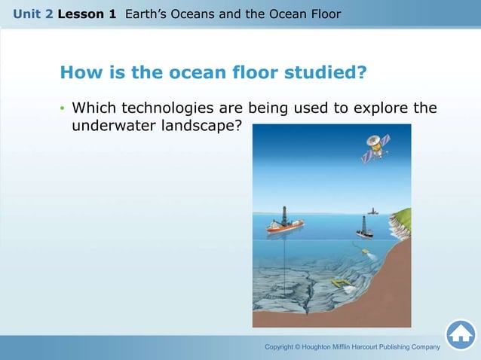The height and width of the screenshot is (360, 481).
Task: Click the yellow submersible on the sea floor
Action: coord(342,282)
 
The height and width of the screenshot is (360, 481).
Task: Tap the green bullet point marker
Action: coord(63,108)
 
